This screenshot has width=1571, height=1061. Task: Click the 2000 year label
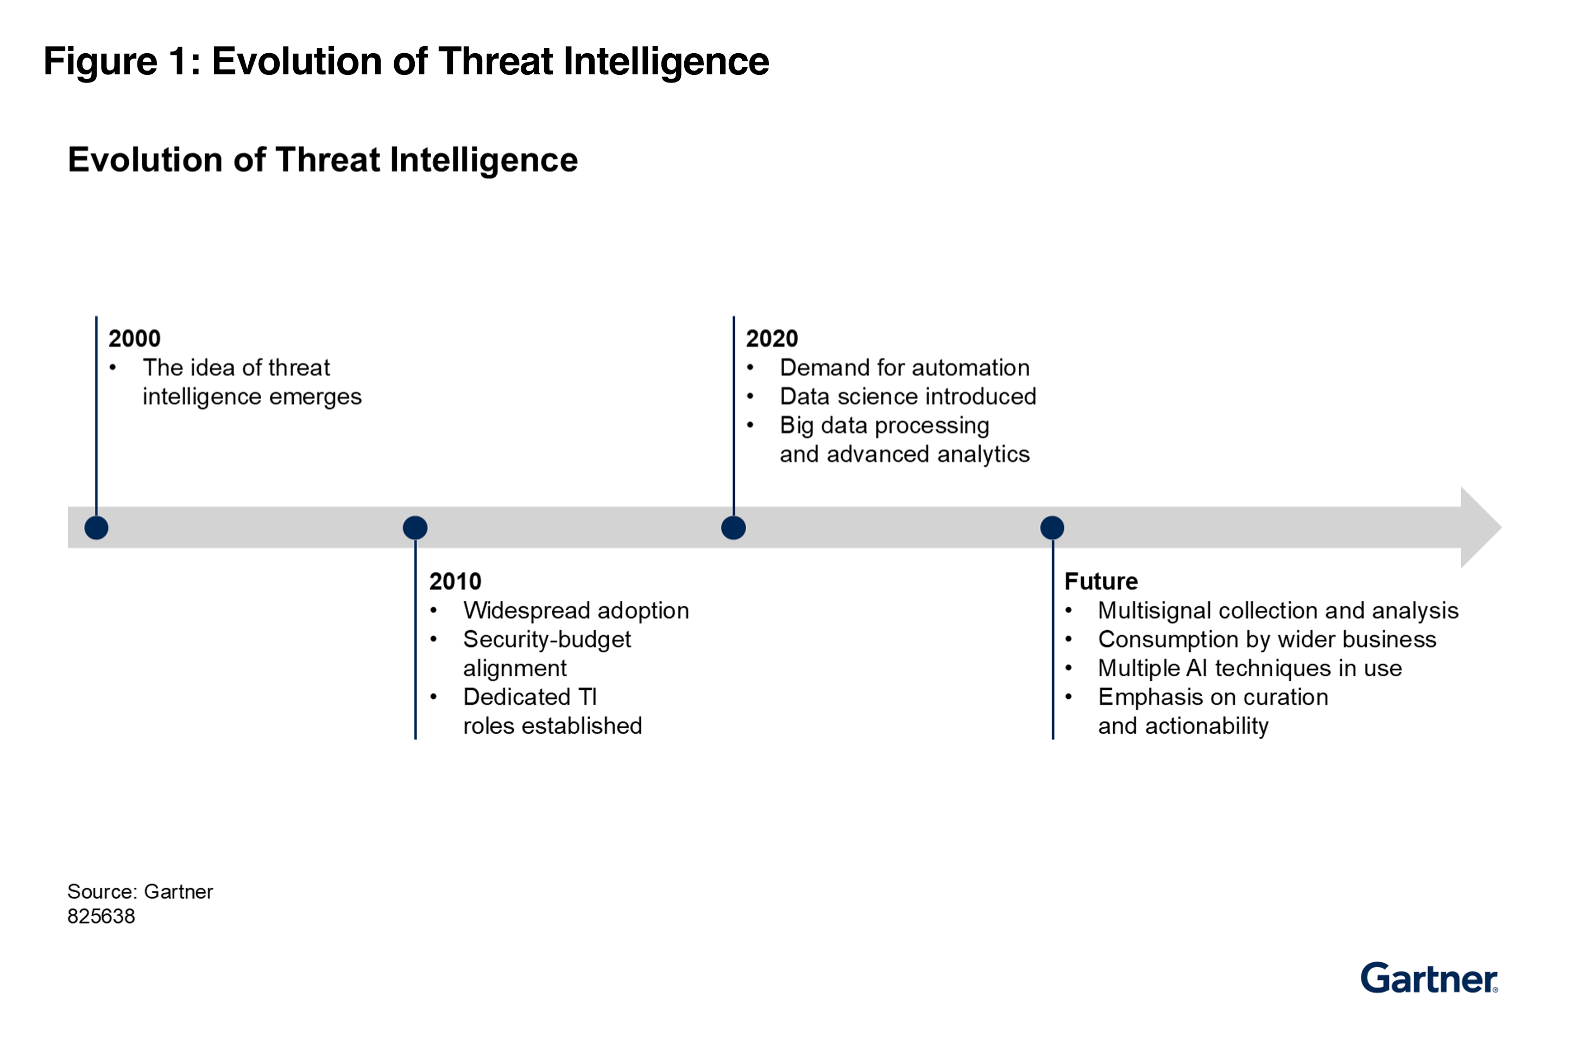click(x=135, y=339)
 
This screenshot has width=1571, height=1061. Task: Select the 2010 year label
click(x=455, y=581)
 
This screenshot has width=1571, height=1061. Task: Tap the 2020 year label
click(x=771, y=339)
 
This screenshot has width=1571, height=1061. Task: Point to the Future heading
click(x=1101, y=581)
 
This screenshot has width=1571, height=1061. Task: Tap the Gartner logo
click(x=1428, y=978)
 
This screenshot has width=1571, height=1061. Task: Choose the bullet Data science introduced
click(x=907, y=397)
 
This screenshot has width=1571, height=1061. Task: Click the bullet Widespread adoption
click(x=576, y=610)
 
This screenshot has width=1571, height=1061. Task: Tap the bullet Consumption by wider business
click(x=1266, y=639)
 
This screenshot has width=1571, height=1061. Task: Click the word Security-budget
click(x=546, y=639)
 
